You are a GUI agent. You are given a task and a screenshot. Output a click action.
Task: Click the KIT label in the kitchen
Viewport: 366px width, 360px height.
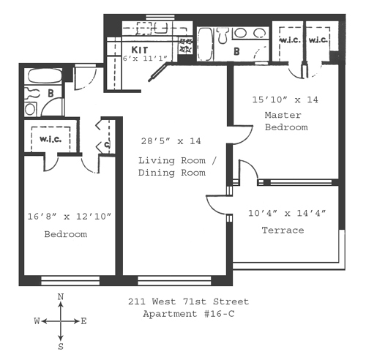click(x=140, y=50)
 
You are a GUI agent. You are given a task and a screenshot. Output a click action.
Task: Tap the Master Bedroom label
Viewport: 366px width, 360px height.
click(x=286, y=121)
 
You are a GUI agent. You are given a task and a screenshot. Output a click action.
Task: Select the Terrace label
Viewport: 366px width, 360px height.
click(x=283, y=230)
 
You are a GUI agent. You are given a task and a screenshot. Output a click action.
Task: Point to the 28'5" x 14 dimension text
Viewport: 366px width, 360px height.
click(x=171, y=141)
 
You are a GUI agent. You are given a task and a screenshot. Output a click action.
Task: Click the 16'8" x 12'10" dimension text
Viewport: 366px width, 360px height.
click(x=70, y=217)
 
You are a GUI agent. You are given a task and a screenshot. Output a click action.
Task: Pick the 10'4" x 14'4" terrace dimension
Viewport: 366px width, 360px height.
click(x=287, y=213)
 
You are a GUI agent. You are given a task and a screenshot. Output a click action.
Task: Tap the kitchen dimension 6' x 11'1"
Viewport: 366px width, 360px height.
click(x=146, y=59)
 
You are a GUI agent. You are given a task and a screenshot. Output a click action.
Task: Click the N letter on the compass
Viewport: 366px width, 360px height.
click(x=61, y=297)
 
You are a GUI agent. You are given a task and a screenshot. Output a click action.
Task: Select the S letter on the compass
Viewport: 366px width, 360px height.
click(x=61, y=346)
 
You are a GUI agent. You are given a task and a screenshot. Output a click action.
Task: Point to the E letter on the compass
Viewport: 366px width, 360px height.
click(x=83, y=321)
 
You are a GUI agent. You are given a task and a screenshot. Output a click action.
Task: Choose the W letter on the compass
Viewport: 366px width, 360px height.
click(x=37, y=321)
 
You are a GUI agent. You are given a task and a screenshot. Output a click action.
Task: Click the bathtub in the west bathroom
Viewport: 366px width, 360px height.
click(x=45, y=75)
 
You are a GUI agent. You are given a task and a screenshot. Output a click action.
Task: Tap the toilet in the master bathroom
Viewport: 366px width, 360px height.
click(x=223, y=35)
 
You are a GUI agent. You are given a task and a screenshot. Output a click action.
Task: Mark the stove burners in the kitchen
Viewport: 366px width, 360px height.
click(x=185, y=45)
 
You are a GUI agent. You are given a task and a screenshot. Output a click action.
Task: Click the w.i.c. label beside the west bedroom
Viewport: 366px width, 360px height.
click(x=51, y=140)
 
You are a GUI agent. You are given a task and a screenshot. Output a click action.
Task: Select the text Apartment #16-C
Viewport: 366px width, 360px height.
click(x=189, y=314)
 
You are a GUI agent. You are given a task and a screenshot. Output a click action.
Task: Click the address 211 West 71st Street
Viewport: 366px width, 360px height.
click(x=189, y=301)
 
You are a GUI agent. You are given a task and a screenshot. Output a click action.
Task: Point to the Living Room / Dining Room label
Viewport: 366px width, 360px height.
click(x=177, y=167)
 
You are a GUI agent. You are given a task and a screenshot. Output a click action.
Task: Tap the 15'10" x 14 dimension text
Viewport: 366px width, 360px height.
click(x=285, y=100)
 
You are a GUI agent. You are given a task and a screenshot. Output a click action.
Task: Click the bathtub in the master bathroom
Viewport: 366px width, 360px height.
click(x=205, y=44)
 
